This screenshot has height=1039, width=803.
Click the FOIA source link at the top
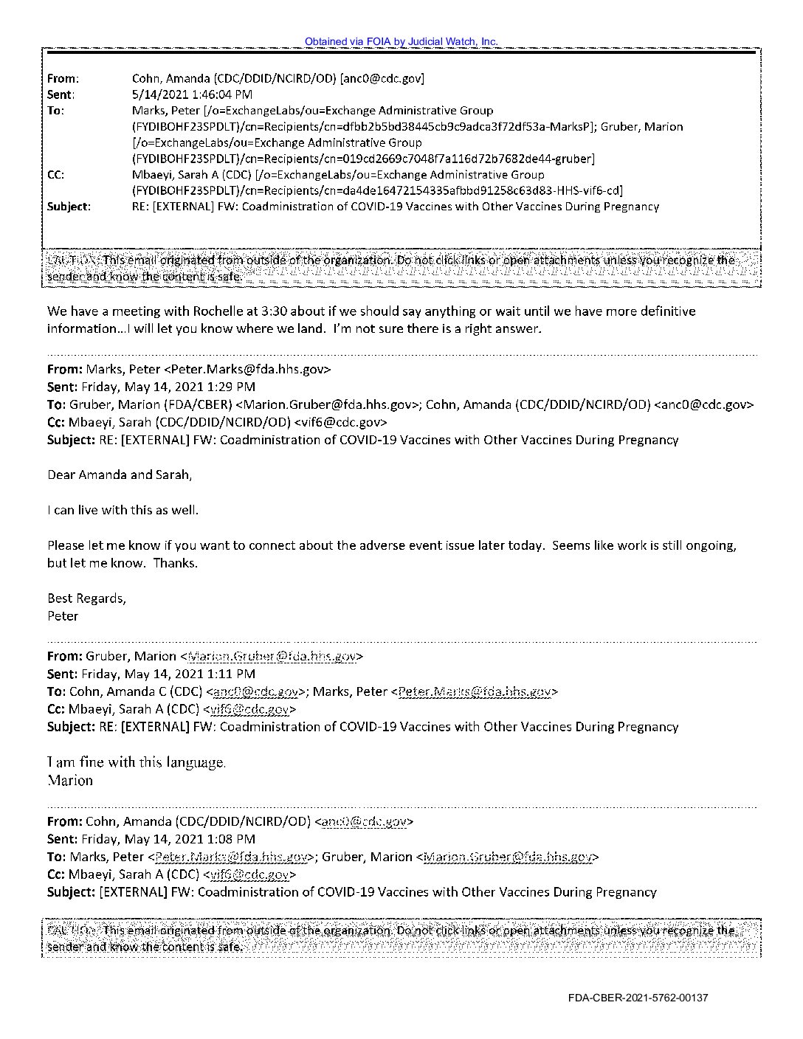point(401,42)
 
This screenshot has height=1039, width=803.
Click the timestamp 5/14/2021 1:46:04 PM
point(192,94)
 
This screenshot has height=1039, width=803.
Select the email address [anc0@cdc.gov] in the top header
point(382,78)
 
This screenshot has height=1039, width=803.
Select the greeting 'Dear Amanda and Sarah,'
point(120,475)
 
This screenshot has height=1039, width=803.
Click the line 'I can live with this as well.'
point(123,510)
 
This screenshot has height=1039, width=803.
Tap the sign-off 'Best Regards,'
point(86,598)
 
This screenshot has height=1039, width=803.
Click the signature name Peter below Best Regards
point(63,616)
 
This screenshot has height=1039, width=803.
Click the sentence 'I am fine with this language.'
point(137,762)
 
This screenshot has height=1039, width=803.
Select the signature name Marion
point(70,780)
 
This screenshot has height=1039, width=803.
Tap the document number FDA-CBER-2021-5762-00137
point(638,998)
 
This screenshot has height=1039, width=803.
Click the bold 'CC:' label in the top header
point(55,175)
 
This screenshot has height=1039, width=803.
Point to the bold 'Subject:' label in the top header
point(69,207)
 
